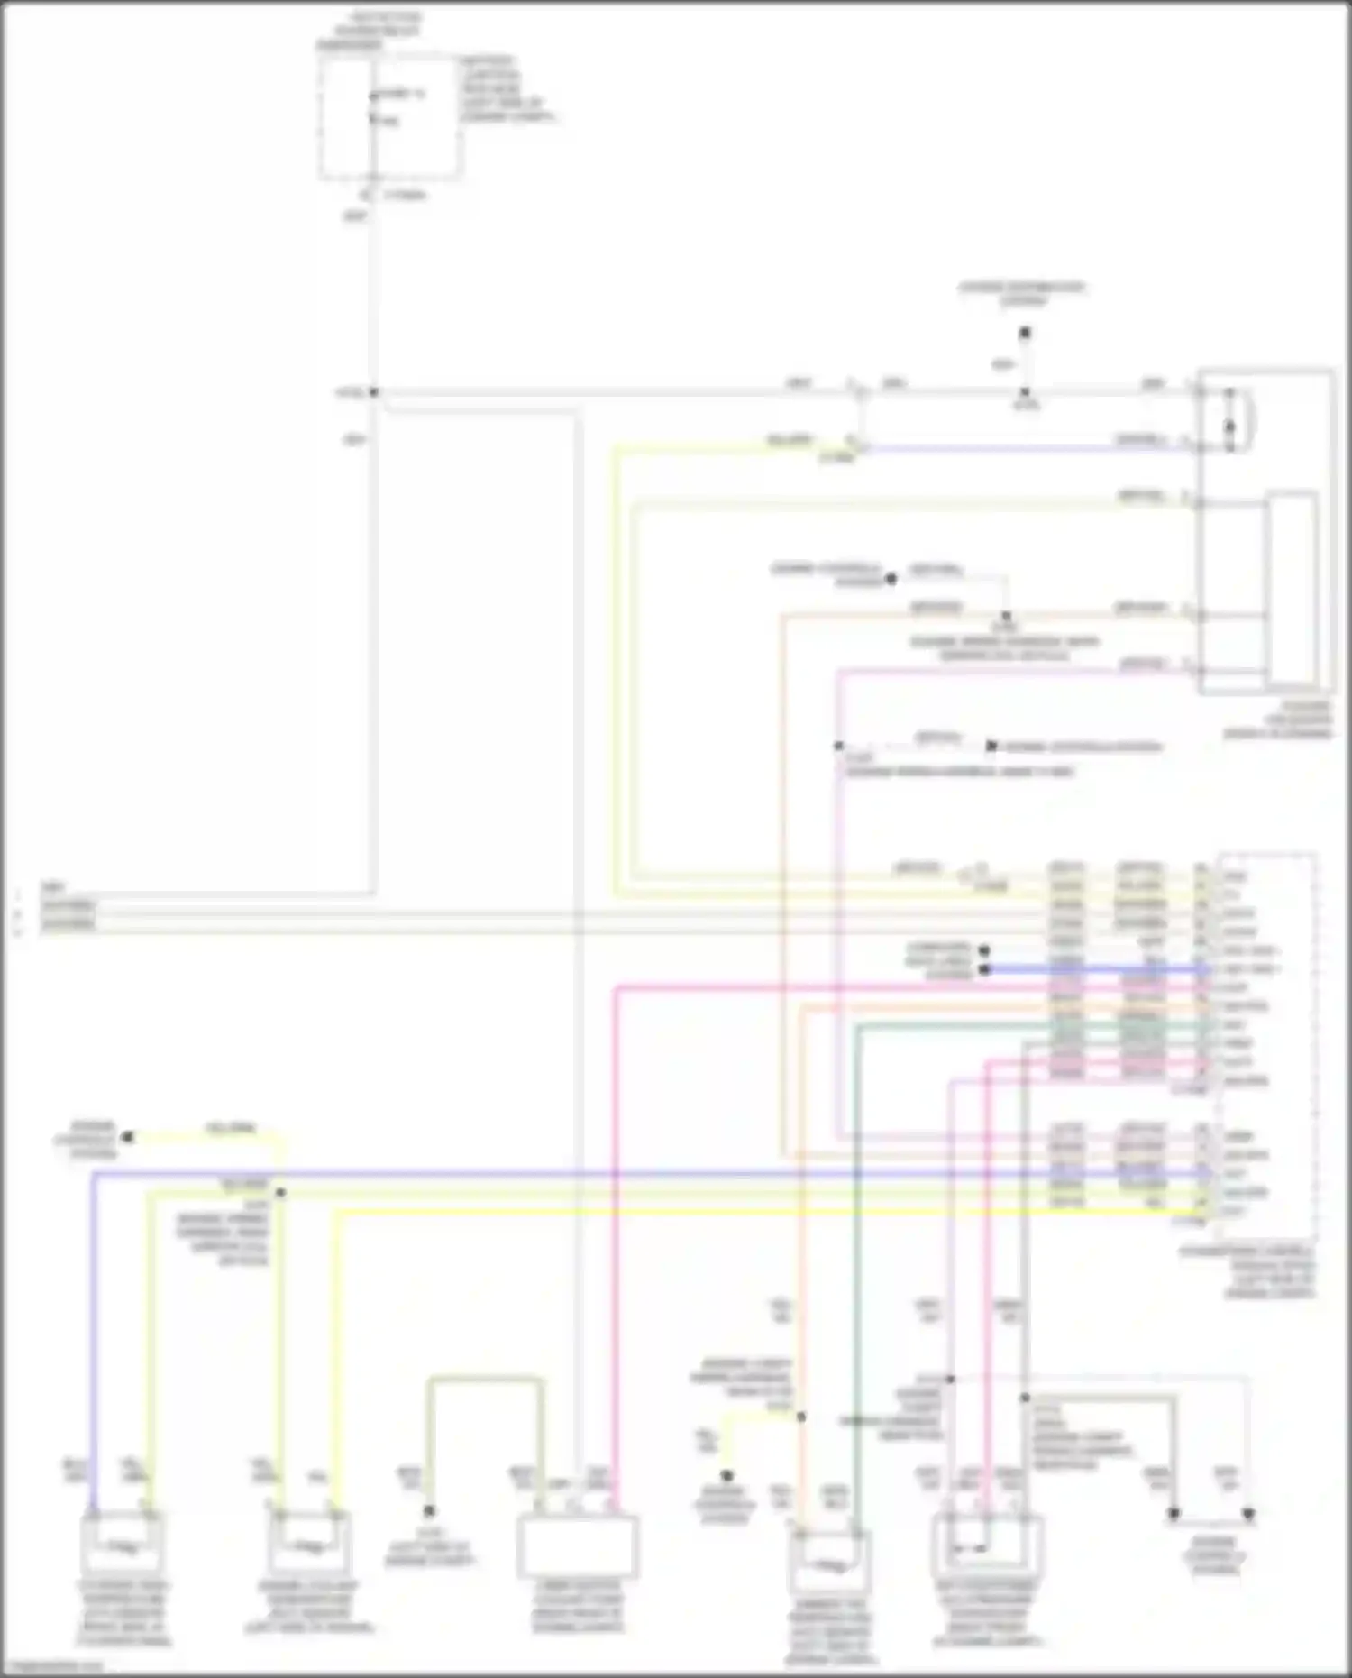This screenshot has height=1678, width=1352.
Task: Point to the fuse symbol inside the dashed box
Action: click(x=373, y=106)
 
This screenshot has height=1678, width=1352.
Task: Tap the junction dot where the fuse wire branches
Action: click(x=373, y=392)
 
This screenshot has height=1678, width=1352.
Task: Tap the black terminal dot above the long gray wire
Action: click(x=1024, y=334)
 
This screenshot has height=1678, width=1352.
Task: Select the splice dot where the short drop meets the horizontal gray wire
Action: click(x=1024, y=393)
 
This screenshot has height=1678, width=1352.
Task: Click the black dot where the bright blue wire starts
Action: click(x=985, y=969)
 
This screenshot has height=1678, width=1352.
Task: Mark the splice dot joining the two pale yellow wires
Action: click(x=280, y=1192)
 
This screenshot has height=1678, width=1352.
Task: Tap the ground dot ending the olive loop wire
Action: click(x=429, y=1510)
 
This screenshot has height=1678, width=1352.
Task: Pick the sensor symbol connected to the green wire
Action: click(x=829, y=1560)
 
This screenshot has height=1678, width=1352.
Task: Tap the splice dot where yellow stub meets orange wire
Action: click(x=800, y=1417)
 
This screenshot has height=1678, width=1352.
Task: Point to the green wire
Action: click(x=856, y=1262)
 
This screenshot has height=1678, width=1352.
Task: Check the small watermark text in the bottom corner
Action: click(x=54, y=1667)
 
